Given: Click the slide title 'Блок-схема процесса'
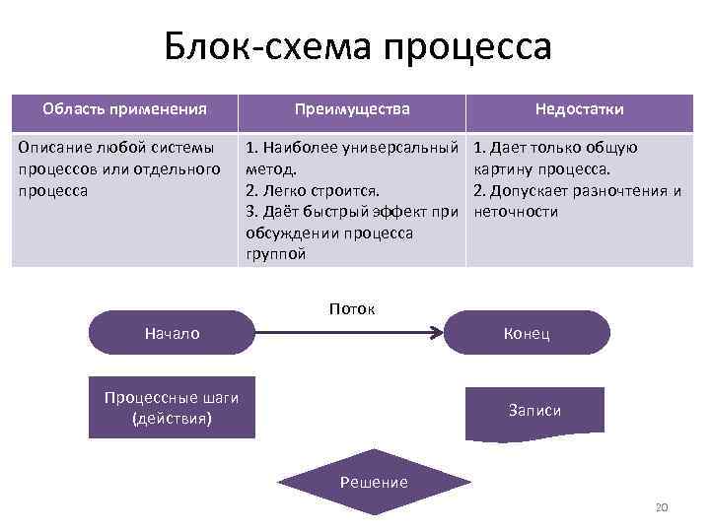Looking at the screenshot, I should pyautogui.click(x=358, y=46).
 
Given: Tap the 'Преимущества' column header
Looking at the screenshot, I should pyautogui.click(x=352, y=109).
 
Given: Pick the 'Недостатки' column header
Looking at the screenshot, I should pyautogui.click(x=579, y=109).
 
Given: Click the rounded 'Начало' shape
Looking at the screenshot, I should pyautogui.click(x=172, y=333).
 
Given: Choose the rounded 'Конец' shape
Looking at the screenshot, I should pyautogui.click(x=527, y=334).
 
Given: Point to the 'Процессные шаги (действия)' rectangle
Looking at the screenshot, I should pyautogui.click(x=172, y=408).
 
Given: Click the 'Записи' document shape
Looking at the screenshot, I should pyautogui.click(x=534, y=410).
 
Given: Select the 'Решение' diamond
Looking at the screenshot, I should pyautogui.click(x=373, y=481).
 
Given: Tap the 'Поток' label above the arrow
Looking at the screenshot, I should pyautogui.click(x=352, y=308).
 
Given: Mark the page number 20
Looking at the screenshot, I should pyautogui.click(x=662, y=506).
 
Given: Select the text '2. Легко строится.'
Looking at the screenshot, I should pyautogui.click(x=313, y=190).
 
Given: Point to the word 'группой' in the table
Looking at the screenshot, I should pyautogui.click(x=275, y=254).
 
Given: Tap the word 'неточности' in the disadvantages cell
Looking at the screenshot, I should pyautogui.click(x=516, y=212).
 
